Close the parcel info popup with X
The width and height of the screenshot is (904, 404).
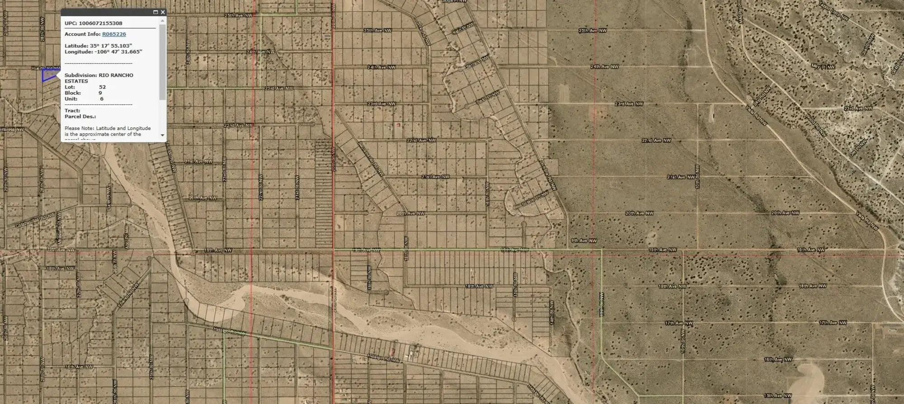[x=163, y=12]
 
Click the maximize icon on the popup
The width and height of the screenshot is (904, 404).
[x=155, y=12]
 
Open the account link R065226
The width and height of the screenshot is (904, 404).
[x=114, y=34]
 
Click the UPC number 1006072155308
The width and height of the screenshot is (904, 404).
[x=100, y=23]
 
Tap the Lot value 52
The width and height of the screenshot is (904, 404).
[x=103, y=87]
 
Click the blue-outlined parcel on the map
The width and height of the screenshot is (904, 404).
[x=48, y=75]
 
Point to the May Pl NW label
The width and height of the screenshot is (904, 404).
[x=823, y=66]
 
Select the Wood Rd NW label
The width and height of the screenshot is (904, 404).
[x=816, y=126]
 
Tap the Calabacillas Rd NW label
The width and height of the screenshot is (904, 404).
[x=35, y=220]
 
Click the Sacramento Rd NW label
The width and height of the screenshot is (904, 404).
[x=371, y=159]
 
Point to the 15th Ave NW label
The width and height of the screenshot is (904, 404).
[x=777, y=395]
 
